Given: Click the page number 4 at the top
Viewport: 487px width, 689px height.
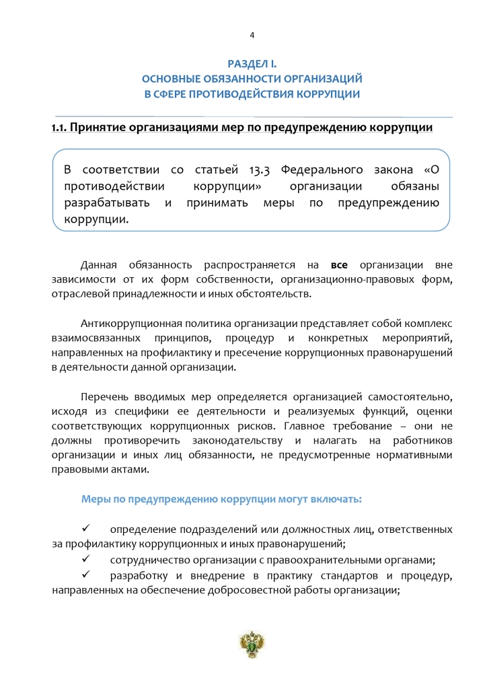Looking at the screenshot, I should coord(252,35).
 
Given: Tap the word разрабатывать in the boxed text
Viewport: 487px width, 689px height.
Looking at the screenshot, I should coord(107,203).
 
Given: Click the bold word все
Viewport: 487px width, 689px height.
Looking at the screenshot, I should coord(339,264).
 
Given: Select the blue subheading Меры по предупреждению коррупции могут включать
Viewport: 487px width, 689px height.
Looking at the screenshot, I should coord(221,499).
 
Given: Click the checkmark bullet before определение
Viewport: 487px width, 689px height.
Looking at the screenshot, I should coord(86,529).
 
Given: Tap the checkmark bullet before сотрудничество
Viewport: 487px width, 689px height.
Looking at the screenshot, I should coord(86,558).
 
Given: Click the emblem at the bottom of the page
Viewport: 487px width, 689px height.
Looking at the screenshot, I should coord(252,645).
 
